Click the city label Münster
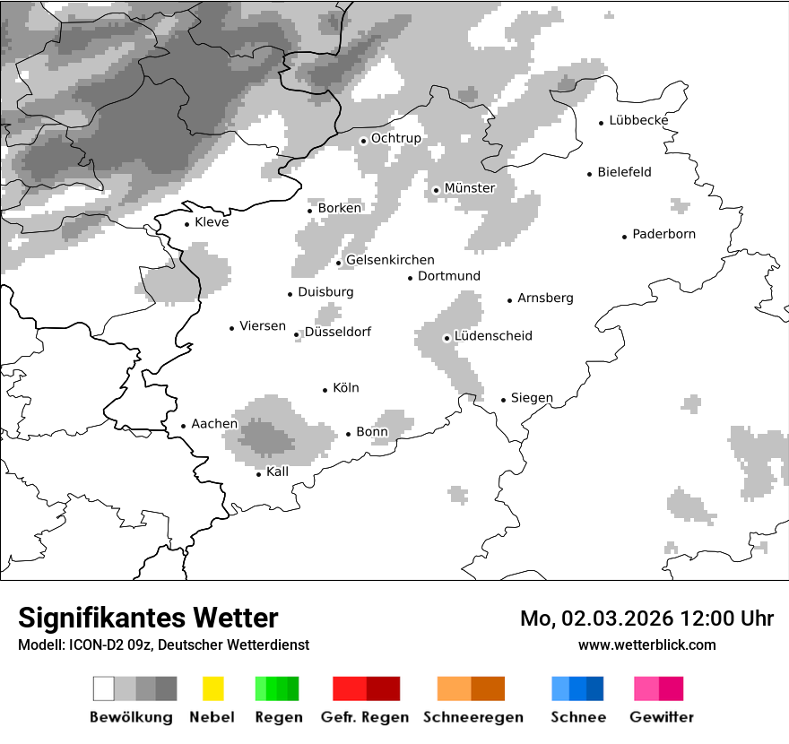469,188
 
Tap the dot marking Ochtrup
363,140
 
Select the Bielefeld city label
624,172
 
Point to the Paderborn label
663,235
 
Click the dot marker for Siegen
504,400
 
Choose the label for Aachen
214,424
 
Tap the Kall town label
278,471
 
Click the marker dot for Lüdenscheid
447,338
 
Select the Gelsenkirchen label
390,260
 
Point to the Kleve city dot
186,224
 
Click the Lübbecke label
638,120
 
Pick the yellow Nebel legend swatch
213,688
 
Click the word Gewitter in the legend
662,717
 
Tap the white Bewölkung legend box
104,688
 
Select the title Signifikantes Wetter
148,619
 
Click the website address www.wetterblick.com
646,645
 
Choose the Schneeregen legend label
472,717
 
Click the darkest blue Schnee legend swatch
594,688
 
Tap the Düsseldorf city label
337,333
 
